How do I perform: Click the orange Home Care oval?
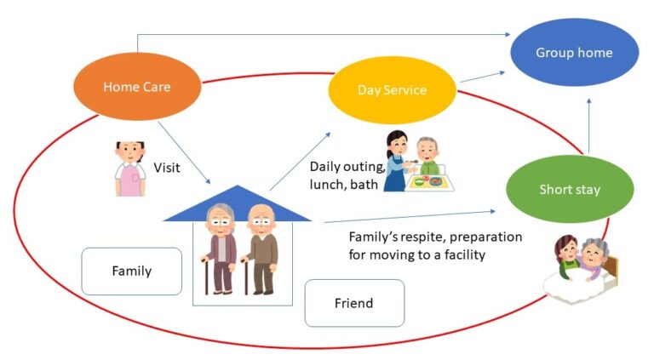(x=137, y=87)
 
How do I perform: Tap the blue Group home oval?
(x=574, y=53)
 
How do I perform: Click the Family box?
(x=132, y=271)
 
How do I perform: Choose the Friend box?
(x=353, y=303)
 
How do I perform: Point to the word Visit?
(x=167, y=168)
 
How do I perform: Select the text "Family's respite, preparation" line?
(x=435, y=237)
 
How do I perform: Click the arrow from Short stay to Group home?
(x=588, y=123)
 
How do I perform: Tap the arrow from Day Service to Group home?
(x=481, y=77)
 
